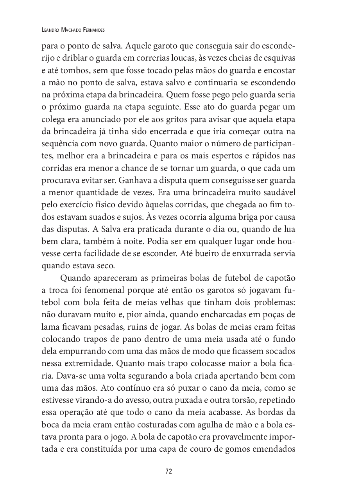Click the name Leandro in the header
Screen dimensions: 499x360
[52, 30]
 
